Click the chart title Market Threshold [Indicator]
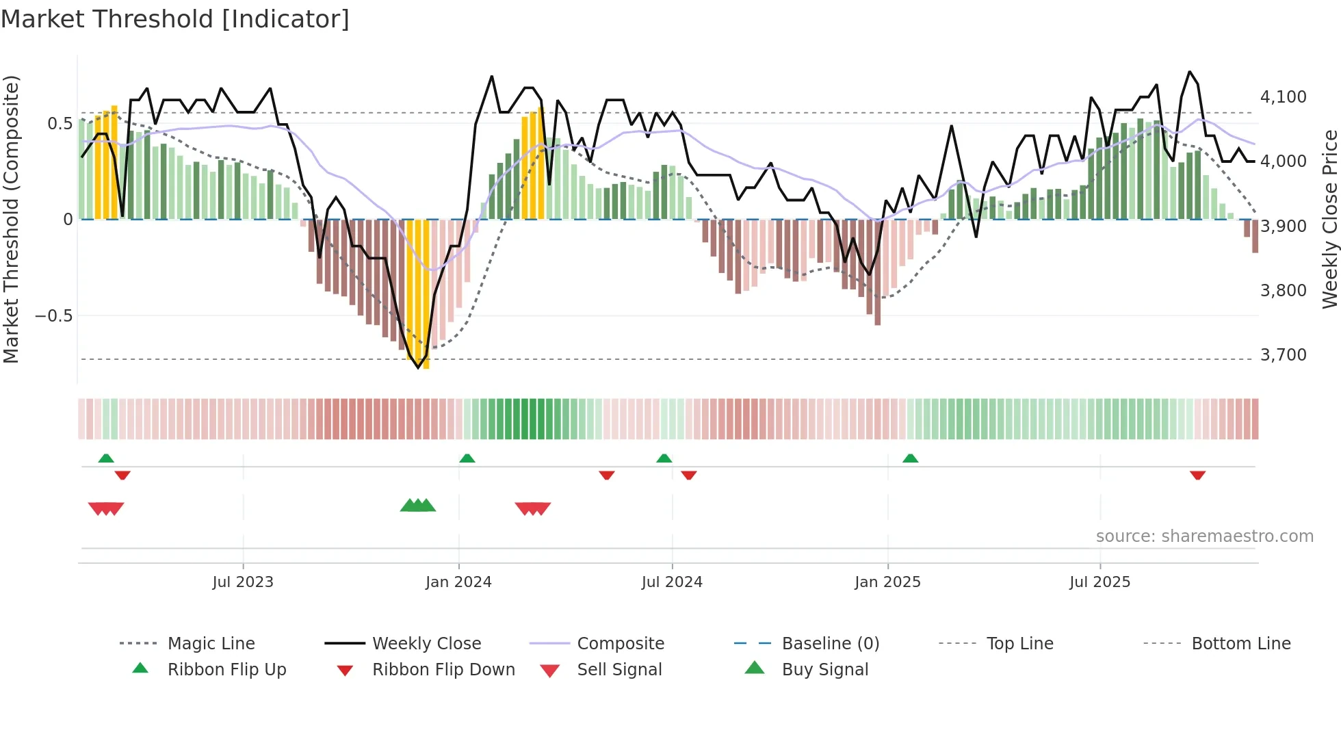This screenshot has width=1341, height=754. pyautogui.click(x=175, y=19)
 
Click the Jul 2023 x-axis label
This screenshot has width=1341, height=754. pyautogui.click(x=243, y=582)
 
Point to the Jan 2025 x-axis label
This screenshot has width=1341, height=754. pyautogui.click(x=887, y=582)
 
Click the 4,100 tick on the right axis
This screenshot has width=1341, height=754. pyautogui.click(x=1283, y=97)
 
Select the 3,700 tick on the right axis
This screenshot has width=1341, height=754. pyautogui.click(x=1283, y=355)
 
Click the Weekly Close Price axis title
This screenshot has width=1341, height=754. pyautogui.click(x=1329, y=219)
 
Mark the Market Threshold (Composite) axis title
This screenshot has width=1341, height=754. pyautogui.click(x=11, y=219)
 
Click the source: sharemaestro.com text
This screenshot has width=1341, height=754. pyautogui.click(x=1204, y=536)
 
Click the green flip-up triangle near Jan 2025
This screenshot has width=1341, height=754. pyautogui.click(x=910, y=458)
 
